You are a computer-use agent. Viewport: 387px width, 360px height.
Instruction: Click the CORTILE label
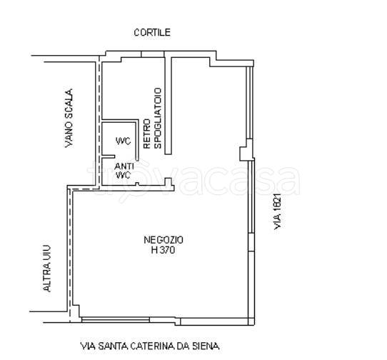[152, 33]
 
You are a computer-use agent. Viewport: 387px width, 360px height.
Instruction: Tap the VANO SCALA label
[69, 119]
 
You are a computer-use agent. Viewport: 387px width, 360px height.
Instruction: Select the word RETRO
[147, 134]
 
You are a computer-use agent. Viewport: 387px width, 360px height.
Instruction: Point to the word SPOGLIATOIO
[158, 119]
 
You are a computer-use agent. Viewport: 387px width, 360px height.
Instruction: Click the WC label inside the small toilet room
[123, 141]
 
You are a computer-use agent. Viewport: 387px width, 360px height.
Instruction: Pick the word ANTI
[124, 166]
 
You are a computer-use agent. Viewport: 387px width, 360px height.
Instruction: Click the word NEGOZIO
[164, 240]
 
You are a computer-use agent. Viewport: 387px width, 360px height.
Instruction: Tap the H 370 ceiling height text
[163, 250]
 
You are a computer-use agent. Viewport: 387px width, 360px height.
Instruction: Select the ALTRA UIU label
[47, 269]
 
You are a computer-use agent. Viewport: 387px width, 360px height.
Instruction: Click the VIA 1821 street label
[278, 211]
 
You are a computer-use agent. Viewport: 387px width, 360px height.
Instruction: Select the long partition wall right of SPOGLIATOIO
[168, 106]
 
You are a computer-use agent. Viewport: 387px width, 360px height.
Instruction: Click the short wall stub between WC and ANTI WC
[109, 156]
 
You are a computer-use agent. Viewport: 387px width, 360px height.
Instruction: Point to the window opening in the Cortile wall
[153, 54]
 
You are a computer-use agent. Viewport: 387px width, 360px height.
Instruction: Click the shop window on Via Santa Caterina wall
[116, 320]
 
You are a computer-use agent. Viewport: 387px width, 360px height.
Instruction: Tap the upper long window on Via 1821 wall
[249, 102]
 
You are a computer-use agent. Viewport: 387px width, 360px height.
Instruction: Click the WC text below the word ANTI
[123, 175]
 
